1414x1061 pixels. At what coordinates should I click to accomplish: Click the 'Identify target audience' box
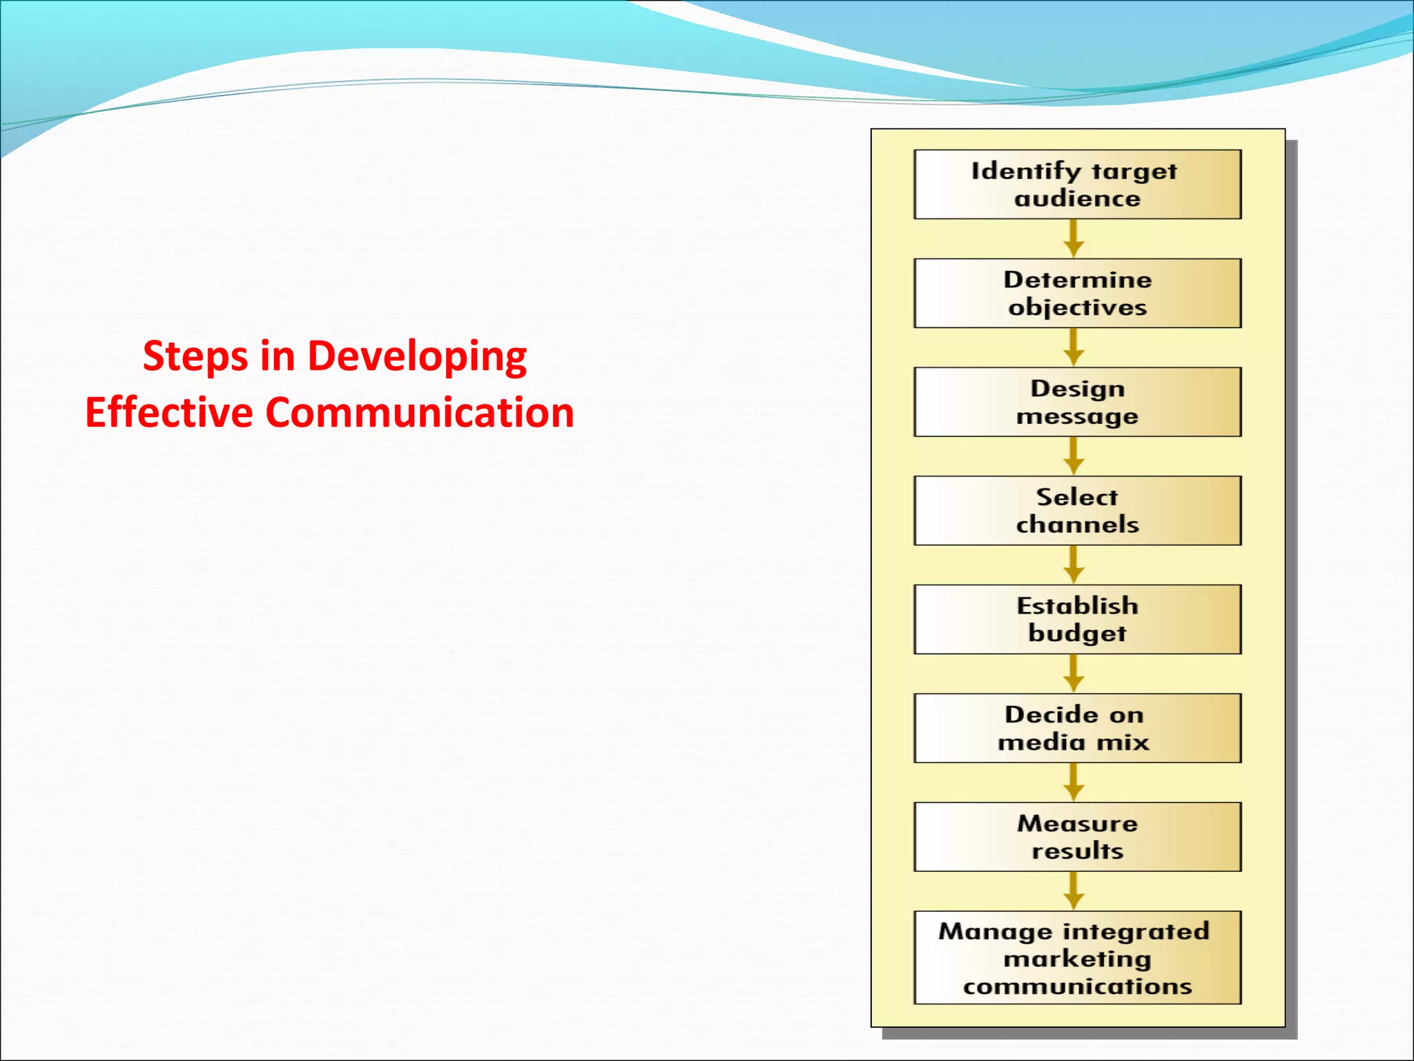tap(1077, 184)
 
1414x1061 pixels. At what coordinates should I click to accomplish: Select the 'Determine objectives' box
tap(1077, 293)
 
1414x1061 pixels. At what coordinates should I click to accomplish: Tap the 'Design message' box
tap(1077, 402)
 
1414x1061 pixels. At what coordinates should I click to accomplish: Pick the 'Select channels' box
tap(1077, 510)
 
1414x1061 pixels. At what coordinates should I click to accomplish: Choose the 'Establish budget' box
tap(1077, 619)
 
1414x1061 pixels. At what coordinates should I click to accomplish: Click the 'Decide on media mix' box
tap(1077, 728)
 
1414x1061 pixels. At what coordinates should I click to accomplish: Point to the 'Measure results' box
tap(1077, 837)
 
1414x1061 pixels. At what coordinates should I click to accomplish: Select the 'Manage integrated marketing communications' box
tap(1077, 957)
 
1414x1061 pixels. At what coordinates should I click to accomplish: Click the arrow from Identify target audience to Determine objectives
tap(1073, 239)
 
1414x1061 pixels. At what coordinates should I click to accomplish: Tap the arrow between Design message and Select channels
tap(1073, 457)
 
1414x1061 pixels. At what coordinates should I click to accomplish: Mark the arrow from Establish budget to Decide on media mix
tap(1073, 673)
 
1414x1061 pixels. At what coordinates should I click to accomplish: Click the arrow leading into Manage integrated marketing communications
tap(1073, 891)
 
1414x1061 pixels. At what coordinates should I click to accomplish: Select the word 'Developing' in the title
tap(416, 357)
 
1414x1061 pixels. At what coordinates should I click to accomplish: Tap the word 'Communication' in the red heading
tap(419, 412)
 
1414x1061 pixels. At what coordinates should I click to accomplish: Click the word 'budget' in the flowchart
tap(1077, 633)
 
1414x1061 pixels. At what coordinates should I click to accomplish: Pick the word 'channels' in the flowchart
tap(1077, 524)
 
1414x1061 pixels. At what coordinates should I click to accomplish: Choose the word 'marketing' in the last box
tap(1077, 959)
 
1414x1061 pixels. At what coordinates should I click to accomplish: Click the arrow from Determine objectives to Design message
tap(1073, 347)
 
